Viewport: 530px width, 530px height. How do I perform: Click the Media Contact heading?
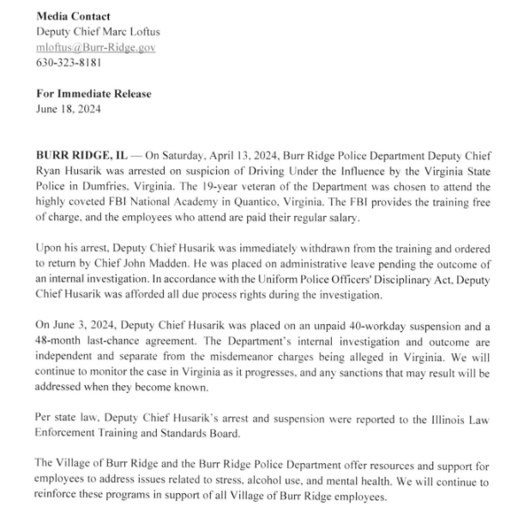pyautogui.click(x=74, y=16)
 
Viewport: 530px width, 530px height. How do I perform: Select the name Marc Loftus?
pyautogui.click(x=130, y=32)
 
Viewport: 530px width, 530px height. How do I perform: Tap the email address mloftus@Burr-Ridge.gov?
pyautogui.click(x=96, y=47)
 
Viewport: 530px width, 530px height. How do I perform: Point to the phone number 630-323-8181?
pyautogui.click(x=69, y=63)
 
